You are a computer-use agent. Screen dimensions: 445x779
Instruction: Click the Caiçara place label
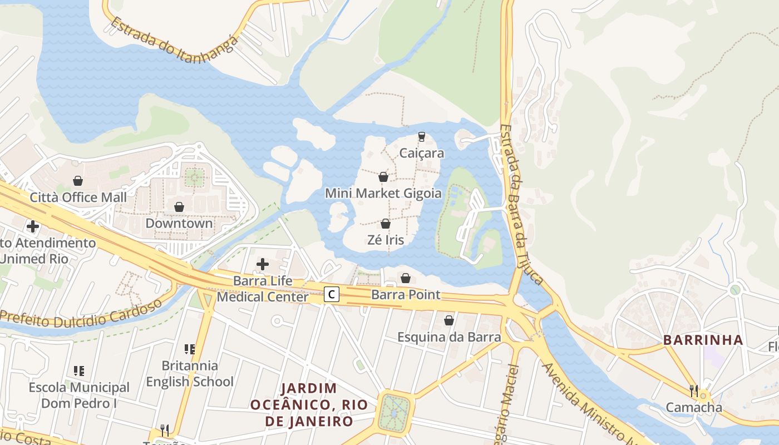point(422,153)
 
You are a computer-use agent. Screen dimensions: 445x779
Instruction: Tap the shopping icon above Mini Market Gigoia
point(383,177)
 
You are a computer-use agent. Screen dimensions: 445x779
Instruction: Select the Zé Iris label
point(386,240)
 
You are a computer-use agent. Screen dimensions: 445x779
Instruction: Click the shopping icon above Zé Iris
point(385,224)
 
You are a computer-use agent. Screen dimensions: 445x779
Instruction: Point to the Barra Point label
point(406,295)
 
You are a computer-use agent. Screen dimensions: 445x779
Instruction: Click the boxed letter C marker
point(332,294)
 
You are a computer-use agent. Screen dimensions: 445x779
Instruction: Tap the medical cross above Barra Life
point(263,264)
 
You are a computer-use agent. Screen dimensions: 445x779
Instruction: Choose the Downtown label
point(179,223)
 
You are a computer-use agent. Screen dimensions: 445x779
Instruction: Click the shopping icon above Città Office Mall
point(78,181)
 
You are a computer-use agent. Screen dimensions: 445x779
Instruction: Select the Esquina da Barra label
point(449,337)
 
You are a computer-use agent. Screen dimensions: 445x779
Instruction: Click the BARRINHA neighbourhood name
point(703,340)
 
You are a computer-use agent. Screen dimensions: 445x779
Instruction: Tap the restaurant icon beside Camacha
point(694,391)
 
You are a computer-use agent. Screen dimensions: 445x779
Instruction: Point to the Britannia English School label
point(190,374)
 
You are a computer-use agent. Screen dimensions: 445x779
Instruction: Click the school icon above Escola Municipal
point(79,370)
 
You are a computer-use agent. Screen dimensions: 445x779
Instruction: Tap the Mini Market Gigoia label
point(383,194)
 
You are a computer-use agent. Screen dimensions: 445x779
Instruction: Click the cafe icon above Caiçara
point(422,136)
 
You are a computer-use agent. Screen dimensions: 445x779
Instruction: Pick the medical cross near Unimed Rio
point(33,226)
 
